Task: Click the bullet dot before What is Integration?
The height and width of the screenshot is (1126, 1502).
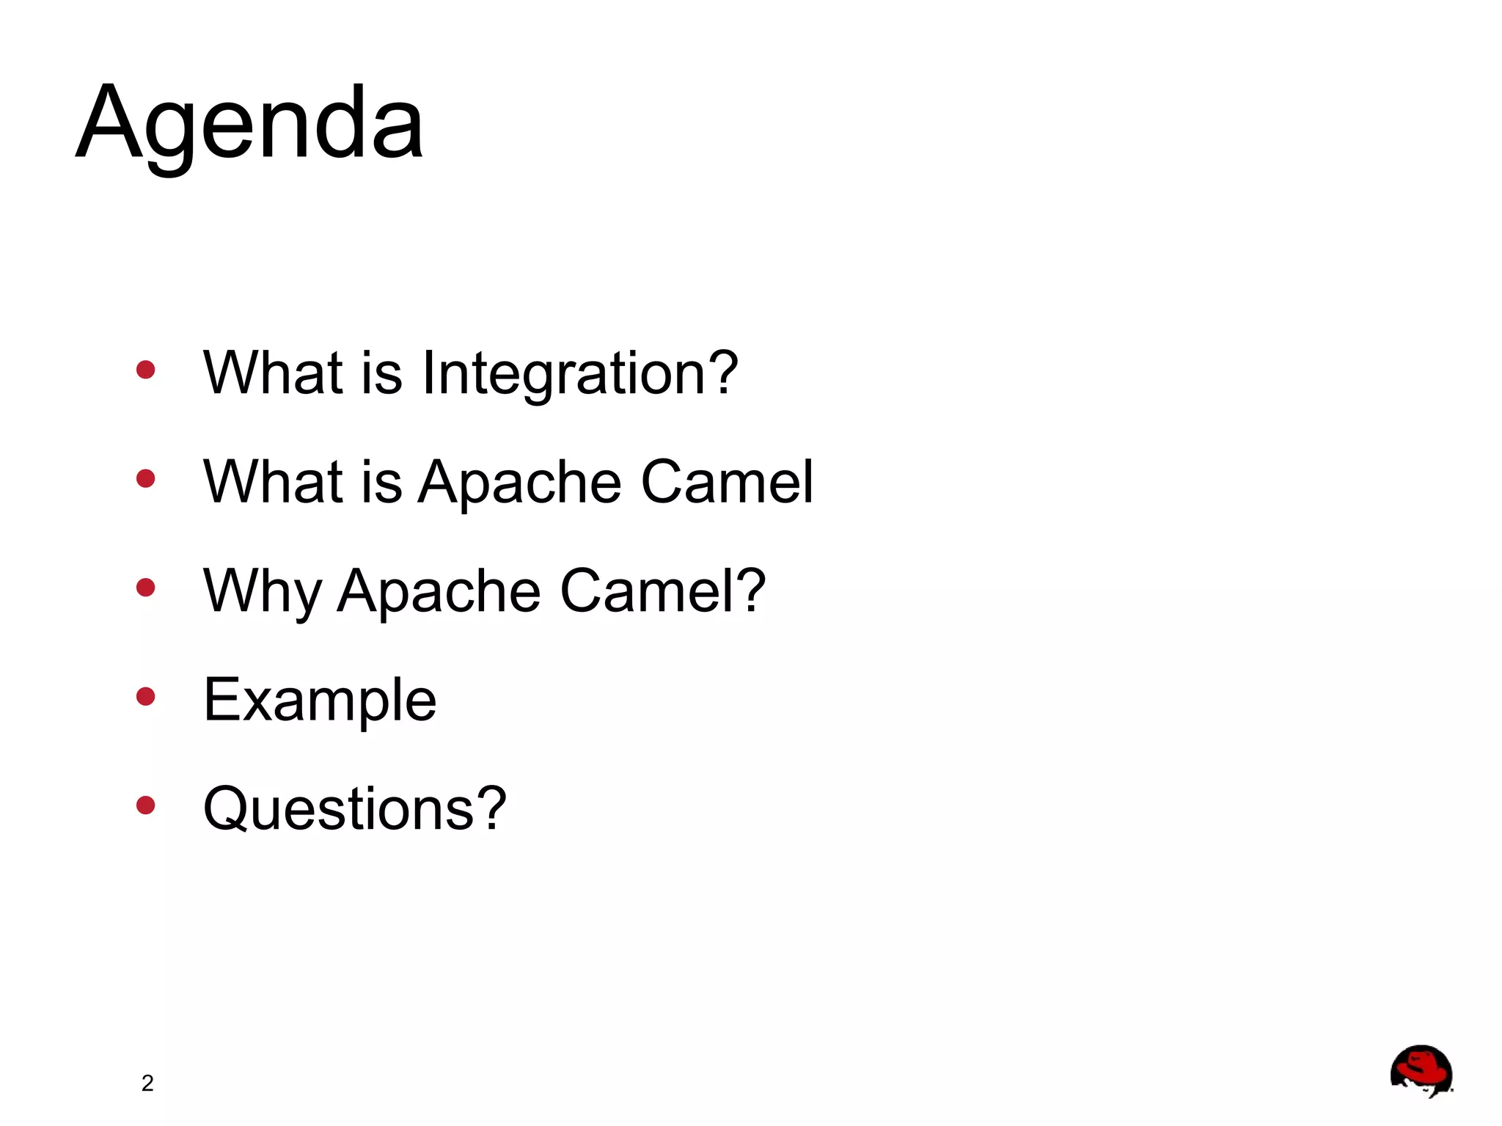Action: (146, 370)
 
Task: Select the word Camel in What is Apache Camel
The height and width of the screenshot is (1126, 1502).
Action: (727, 482)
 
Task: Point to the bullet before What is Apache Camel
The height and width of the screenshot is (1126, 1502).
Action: (146, 479)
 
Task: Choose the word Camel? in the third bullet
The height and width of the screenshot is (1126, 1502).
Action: (662, 591)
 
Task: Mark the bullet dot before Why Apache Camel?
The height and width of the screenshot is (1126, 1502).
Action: (146, 588)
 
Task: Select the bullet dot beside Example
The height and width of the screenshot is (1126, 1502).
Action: (146, 696)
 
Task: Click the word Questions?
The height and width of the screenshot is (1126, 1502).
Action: (354, 808)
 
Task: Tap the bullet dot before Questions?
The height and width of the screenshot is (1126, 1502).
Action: (146, 805)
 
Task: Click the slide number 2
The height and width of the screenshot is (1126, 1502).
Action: (147, 1083)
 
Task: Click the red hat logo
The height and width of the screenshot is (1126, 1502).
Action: (1421, 1071)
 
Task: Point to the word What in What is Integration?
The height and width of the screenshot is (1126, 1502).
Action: (273, 373)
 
